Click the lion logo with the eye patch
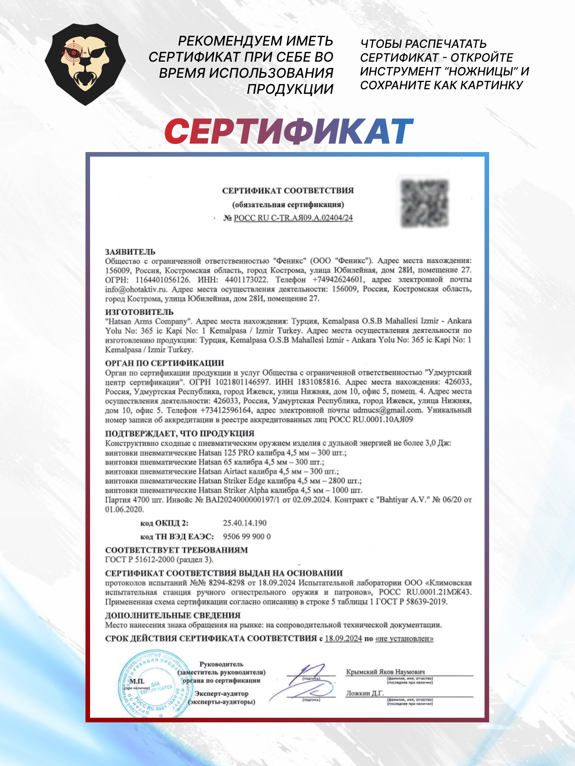(85, 64)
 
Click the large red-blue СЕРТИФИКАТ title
(289, 131)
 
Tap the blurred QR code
(424, 203)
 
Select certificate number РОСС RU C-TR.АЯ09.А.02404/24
(293, 218)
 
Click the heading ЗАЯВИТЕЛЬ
(130, 252)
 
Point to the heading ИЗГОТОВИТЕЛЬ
(139, 312)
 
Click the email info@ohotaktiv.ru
(136, 289)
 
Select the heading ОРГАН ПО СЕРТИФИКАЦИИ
(164, 363)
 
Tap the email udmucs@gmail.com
(388, 410)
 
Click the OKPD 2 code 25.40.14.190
(245, 523)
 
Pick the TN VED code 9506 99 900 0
(246, 536)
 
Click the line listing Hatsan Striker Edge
(233, 481)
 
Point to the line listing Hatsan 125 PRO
(225, 452)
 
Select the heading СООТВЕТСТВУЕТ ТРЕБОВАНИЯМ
(176, 550)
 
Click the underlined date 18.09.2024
(343, 638)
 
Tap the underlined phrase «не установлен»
(404, 638)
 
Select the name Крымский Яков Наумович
(385, 672)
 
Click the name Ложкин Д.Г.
(365, 693)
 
